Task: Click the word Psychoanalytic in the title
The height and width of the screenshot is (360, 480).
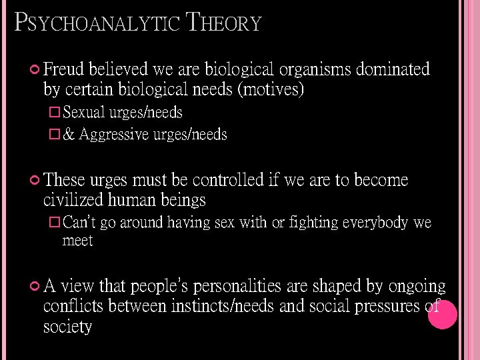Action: click(97, 23)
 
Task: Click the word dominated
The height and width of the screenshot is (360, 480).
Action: click(393, 69)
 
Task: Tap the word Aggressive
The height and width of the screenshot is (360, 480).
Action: click(115, 135)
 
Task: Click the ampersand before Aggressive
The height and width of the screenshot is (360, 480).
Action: click(68, 135)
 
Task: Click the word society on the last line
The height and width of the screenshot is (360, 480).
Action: click(67, 327)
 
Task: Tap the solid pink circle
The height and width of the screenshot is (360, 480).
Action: click(442, 315)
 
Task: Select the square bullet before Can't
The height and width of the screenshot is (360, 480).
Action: click(55, 222)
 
